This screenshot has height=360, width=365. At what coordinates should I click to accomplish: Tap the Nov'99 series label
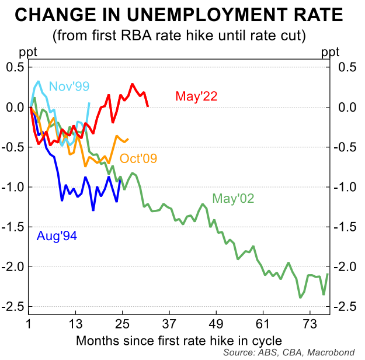(x=69, y=86)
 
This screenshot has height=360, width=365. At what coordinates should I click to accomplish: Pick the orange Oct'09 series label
(x=138, y=158)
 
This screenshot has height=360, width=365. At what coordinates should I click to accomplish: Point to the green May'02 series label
(x=233, y=199)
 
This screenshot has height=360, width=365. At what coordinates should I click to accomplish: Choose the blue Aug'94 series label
(x=57, y=236)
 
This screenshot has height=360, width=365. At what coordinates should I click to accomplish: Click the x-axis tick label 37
(x=169, y=324)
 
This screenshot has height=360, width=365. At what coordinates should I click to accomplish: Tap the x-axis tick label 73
(x=310, y=324)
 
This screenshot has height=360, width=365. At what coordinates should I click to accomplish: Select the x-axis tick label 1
(x=29, y=324)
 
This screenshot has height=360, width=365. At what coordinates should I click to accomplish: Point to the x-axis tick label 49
(x=216, y=324)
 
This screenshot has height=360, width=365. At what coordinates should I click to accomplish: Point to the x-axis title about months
(x=178, y=340)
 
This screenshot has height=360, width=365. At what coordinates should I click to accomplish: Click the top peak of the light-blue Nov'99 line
(x=39, y=82)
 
